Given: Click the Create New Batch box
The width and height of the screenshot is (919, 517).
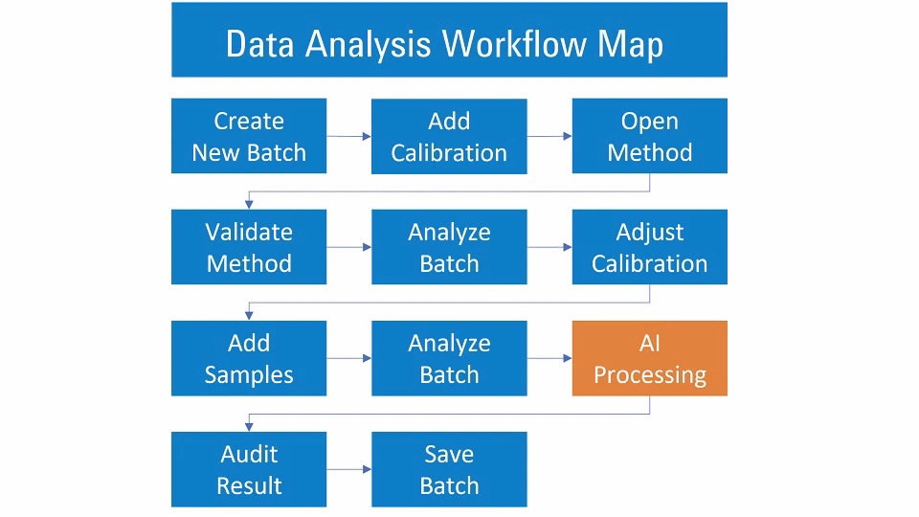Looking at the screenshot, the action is click(249, 136).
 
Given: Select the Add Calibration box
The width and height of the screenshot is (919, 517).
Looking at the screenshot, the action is click(449, 136).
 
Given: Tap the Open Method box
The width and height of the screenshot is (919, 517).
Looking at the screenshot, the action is click(649, 136).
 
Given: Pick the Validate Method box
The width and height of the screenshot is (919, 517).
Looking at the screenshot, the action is click(249, 247).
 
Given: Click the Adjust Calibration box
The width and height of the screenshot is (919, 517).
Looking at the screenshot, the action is click(649, 247).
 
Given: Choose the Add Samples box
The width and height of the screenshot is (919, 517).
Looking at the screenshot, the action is click(249, 358).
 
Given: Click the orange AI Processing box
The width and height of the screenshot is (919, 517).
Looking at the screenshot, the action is click(649, 358).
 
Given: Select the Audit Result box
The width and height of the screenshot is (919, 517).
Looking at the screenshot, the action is click(249, 469).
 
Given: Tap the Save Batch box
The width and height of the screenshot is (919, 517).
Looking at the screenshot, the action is click(449, 469).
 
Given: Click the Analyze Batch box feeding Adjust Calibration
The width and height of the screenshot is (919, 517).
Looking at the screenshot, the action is click(449, 247).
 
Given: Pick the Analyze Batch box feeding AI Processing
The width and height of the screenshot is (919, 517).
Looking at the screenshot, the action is click(449, 358).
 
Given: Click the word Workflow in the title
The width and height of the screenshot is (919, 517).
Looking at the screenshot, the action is click(515, 44).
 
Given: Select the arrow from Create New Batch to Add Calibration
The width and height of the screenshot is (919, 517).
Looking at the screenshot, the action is click(348, 136).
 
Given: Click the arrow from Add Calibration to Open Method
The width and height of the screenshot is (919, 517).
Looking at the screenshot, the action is click(549, 136).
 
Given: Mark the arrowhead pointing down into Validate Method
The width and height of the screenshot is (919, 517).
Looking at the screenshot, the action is click(249, 205).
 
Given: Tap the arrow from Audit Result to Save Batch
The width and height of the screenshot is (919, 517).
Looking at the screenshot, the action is click(348, 469).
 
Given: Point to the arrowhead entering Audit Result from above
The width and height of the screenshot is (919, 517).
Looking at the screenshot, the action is click(249, 427).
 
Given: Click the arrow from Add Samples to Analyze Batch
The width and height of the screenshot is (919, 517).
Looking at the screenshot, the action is click(348, 358).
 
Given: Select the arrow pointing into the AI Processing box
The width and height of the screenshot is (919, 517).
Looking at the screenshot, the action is click(549, 358).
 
